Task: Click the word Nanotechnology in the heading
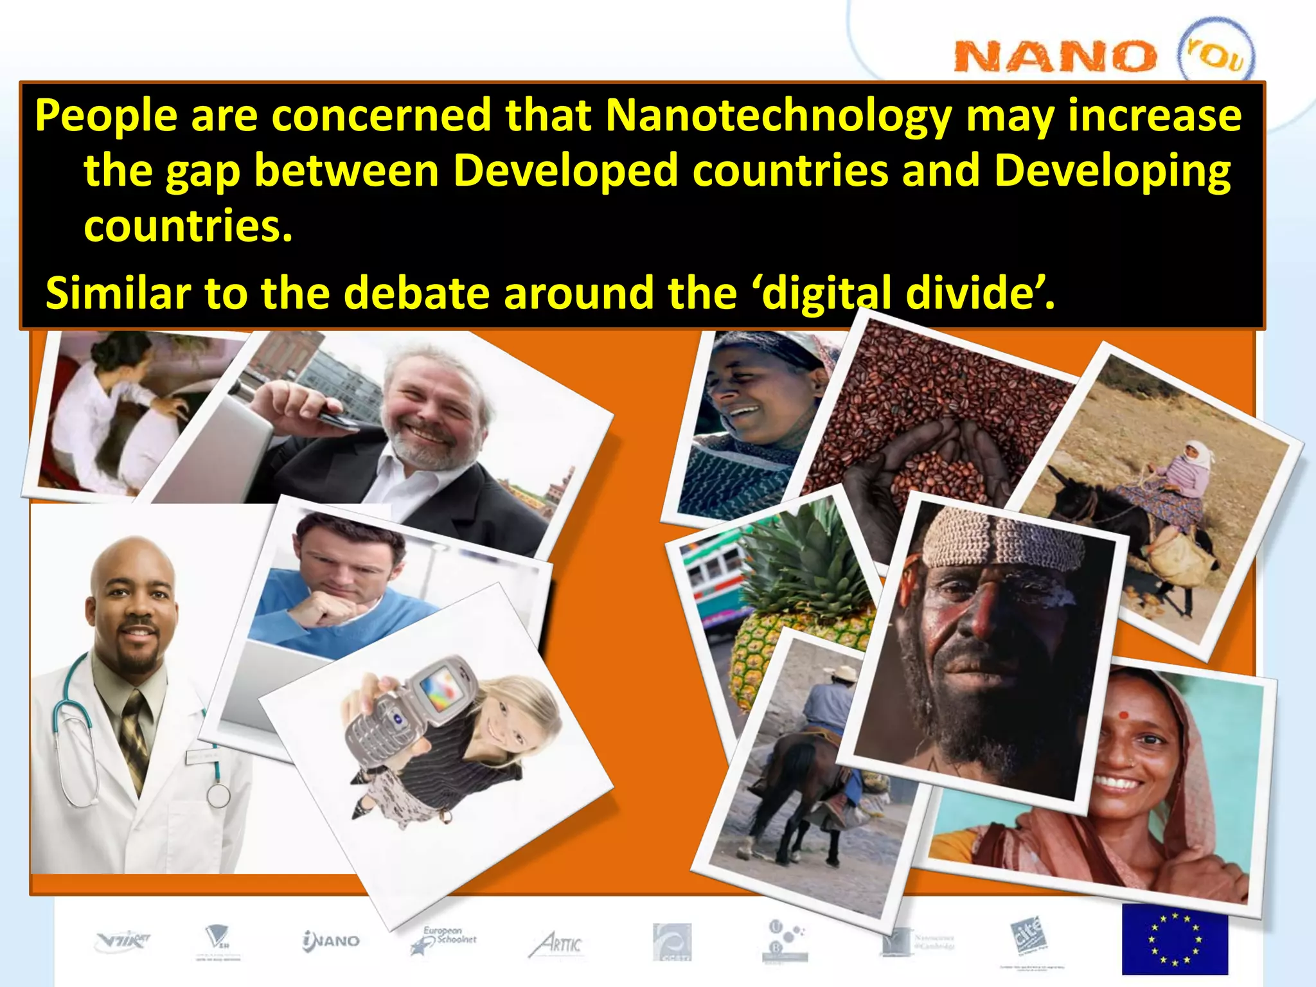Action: [778, 116]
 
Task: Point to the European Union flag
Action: [1175, 939]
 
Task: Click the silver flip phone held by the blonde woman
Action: [411, 713]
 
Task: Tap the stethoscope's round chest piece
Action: [218, 796]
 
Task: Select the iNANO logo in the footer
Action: [332, 941]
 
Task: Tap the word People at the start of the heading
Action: [106, 116]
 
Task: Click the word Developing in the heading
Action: [1112, 172]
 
